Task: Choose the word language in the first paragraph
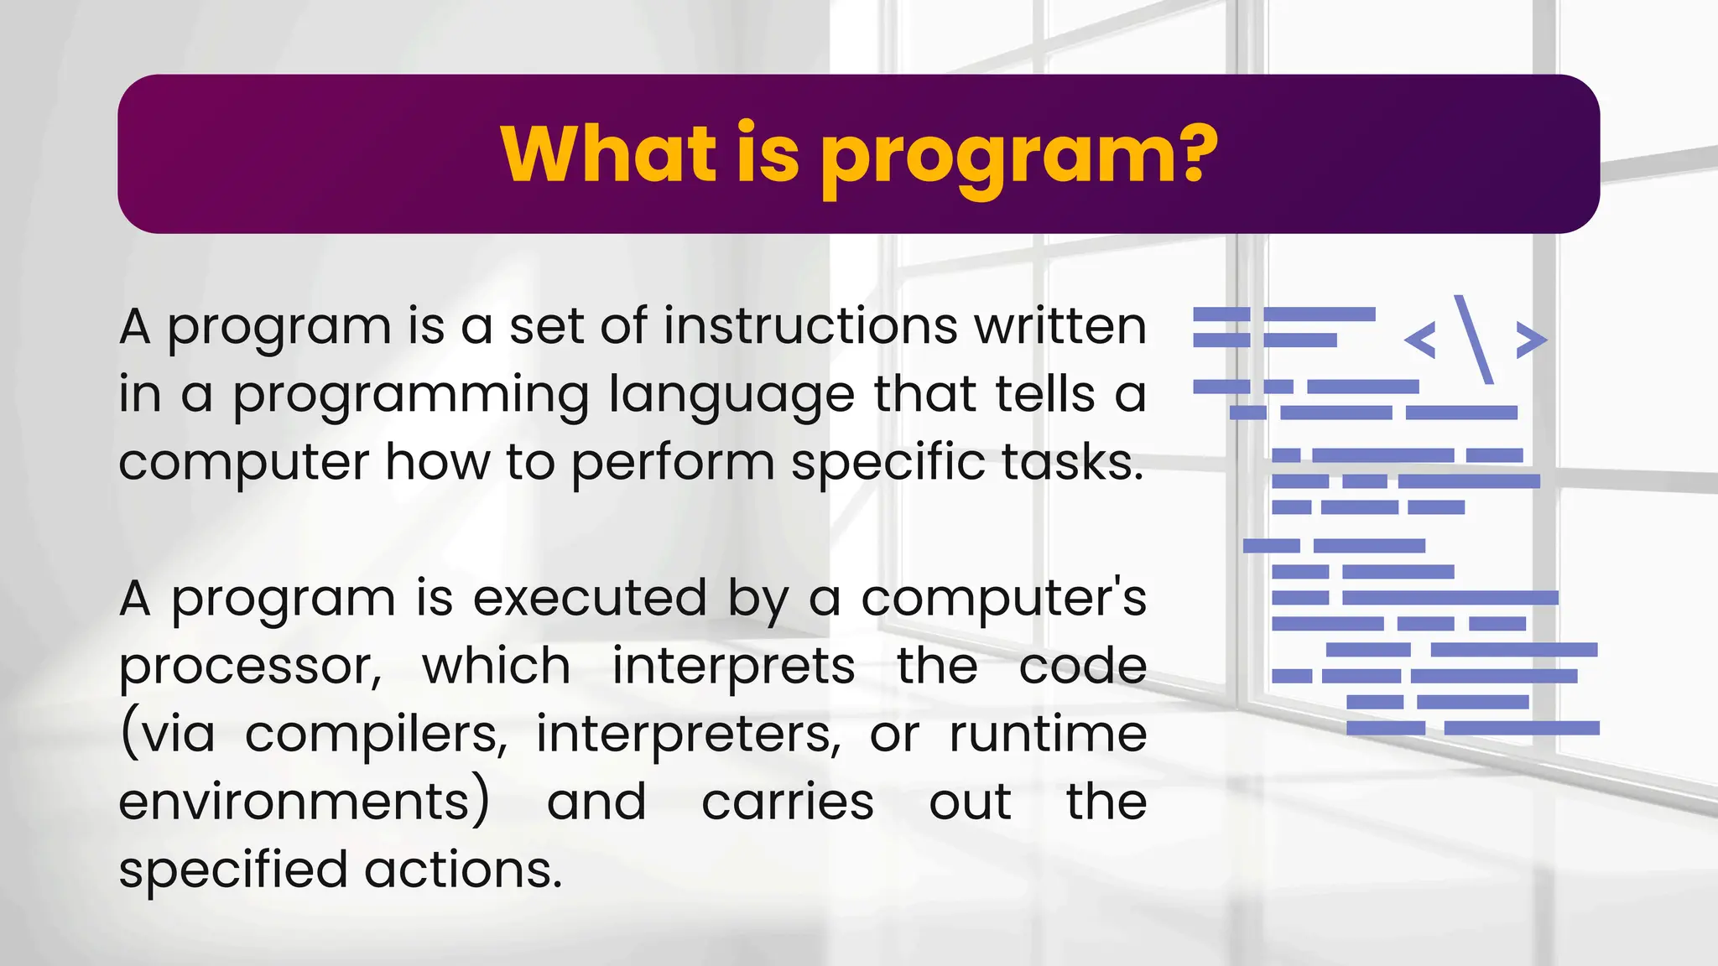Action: click(731, 396)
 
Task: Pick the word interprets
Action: click(733, 667)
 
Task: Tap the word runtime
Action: click(1048, 734)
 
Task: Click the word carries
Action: click(788, 802)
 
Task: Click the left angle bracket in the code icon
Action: click(1420, 340)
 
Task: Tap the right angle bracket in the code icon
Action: click(1531, 340)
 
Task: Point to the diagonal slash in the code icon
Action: click(1474, 339)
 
